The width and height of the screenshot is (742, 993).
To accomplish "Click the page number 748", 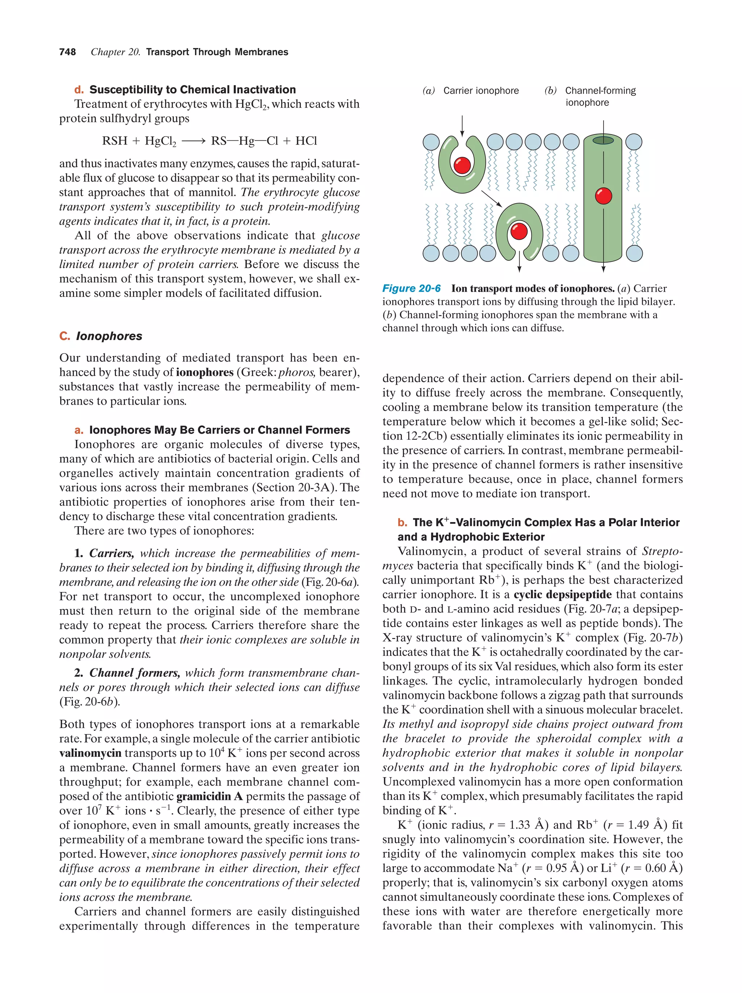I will [x=67, y=52].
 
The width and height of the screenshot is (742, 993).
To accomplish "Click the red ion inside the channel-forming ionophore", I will [x=603, y=196].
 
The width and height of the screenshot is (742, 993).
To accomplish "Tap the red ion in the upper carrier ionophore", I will [x=462, y=165].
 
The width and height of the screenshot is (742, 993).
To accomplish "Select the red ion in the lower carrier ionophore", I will [x=519, y=231].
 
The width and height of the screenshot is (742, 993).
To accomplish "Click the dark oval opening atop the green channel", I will [x=603, y=141].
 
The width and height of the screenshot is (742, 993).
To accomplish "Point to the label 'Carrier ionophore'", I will [x=480, y=91].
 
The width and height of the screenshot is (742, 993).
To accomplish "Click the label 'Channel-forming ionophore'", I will [x=600, y=96].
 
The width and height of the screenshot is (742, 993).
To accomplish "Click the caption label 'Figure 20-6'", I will [x=411, y=288].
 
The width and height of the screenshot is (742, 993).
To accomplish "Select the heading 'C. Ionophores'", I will [x=101, y=336].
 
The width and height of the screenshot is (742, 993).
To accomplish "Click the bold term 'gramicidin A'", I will [x=209, y=796].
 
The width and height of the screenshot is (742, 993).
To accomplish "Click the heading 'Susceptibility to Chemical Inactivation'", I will [x=192, y=89].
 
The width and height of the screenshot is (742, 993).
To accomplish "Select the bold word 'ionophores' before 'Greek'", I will [x=205, y=372].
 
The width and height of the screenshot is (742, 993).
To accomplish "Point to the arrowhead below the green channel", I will [x=603, y=269].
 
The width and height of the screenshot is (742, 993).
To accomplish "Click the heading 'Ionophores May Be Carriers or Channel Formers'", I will [x=219, y=430].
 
